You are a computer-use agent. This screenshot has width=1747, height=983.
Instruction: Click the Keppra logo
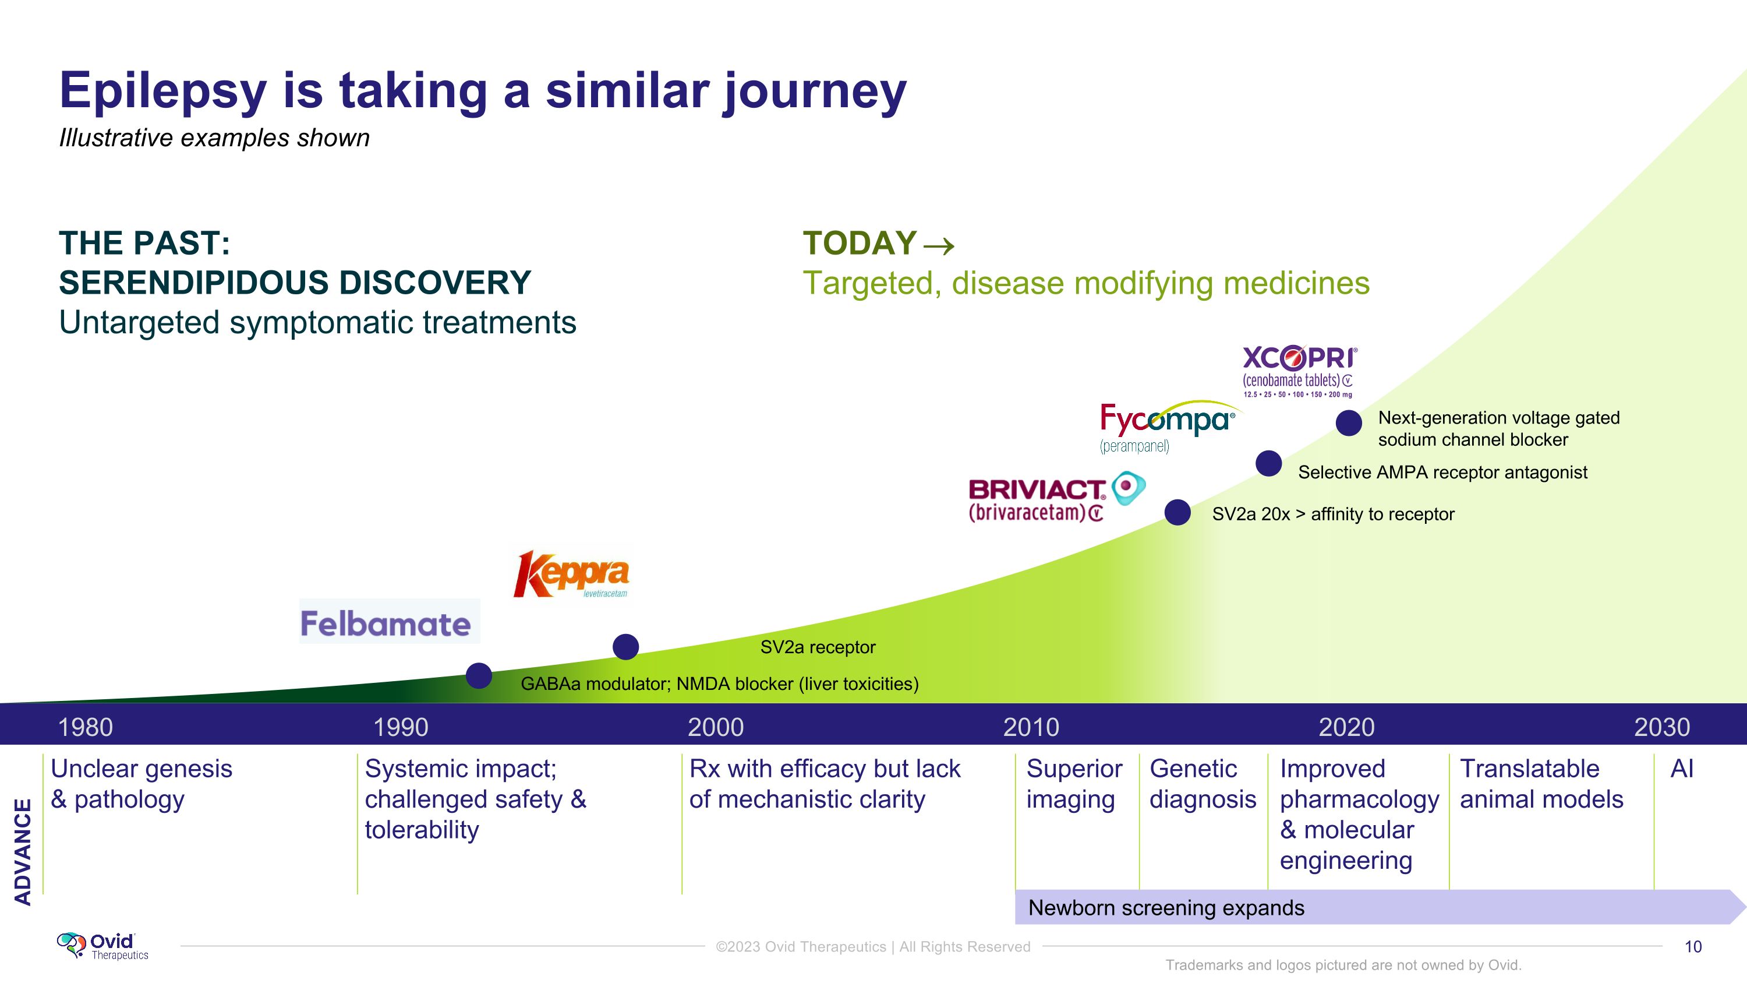pos(572,575)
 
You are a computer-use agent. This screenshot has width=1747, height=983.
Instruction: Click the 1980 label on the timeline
pos(86,727)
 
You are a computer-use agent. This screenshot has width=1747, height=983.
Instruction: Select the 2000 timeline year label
pos(716,727)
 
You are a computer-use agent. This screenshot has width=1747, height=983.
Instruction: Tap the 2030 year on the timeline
pos(1661,727)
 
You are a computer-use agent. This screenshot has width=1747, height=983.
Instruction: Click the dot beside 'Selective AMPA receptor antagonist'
pos(1268,464)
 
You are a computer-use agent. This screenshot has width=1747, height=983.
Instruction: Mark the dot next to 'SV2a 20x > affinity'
pos(1177,512)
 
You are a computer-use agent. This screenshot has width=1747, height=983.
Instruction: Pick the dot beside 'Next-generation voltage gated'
pos(1348,422)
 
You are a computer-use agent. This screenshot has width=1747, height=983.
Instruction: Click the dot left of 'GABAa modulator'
pos(479,676)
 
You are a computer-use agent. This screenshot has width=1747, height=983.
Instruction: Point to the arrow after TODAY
pos(939,245)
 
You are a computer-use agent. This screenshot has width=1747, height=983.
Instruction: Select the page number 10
pos(1693,946)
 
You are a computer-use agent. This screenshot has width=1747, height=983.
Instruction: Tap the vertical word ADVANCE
pos(23,851)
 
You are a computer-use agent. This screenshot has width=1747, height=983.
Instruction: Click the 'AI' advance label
pos(1682,769)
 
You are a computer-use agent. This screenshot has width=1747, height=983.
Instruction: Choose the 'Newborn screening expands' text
pos(1166,908)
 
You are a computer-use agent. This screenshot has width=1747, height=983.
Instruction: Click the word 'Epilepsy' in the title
pos(163,91)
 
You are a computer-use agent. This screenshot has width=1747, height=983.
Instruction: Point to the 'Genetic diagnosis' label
pos(1202,784)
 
